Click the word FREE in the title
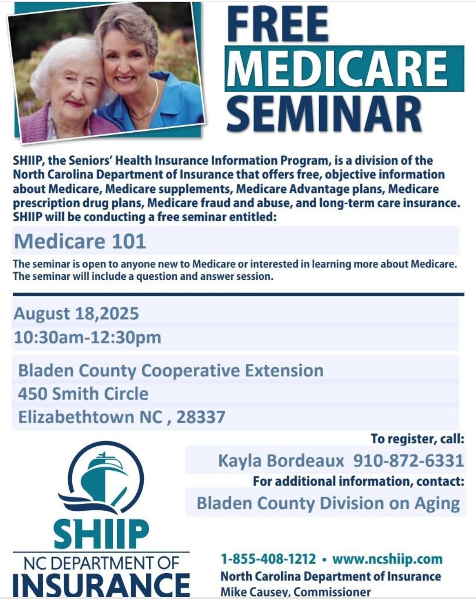click(x=278, y=24)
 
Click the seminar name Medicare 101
click(x=80, y=241)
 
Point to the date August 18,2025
click(x=76, y=313)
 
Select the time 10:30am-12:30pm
click(x=87, y=338)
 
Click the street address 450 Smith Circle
click(x=83, y=394)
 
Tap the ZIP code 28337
click(x=201, y=417)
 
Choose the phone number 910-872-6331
click(x=409, y=460)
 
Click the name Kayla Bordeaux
click(x=281, y=461)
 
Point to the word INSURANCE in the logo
click(x=101, y=586)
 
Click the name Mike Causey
click(x=254, y=592)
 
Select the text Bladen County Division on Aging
click(x=328, y=503)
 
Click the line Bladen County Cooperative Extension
click(x=171, y=371)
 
